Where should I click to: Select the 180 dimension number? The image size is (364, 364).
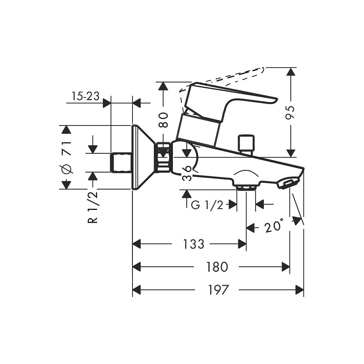[217, 267]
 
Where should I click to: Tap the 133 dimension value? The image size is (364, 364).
[194, 244]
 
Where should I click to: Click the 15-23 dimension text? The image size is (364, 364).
[86, 96]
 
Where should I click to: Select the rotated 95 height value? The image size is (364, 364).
[290, 113]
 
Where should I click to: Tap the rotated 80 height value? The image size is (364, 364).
[163, 120]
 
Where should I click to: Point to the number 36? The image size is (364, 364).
[187, 174]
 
